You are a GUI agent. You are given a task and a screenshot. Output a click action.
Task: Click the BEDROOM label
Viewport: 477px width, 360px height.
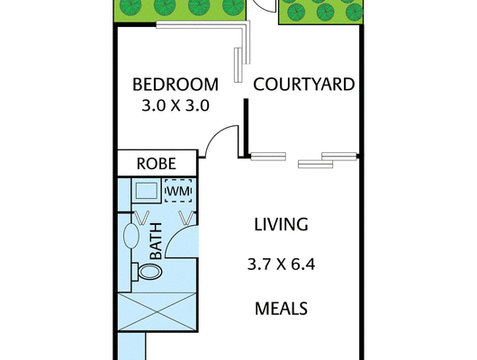click(x=175, y=85)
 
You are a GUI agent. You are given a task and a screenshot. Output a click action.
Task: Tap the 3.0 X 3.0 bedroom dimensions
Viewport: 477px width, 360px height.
click(x=175, y=105)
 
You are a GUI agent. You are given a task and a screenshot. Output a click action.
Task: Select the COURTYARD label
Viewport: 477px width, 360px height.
click(x=303, y=85)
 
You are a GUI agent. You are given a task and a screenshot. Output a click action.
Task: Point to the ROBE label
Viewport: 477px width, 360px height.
click(x=156, y=164)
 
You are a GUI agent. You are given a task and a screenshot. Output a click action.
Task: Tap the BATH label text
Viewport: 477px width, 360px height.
click(x=155, y=240)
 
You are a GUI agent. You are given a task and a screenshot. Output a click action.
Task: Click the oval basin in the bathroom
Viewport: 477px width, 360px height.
click(x=131, y=238)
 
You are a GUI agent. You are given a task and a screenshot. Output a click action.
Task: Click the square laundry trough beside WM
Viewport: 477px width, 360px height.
click(x=144, y=191)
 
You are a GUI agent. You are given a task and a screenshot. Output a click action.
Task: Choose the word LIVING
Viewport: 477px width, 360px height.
click(x=280, y=224)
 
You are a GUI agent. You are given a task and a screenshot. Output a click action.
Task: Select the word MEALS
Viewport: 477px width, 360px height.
click(x=281, y=309)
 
